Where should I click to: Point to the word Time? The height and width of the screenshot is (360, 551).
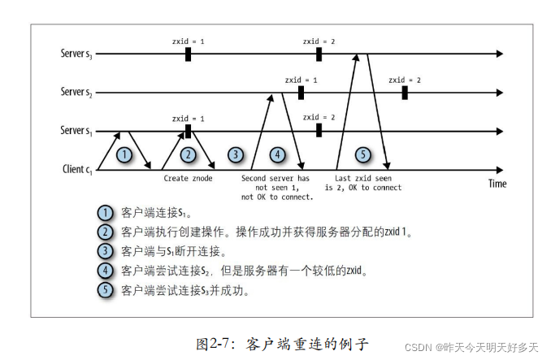[497, 184]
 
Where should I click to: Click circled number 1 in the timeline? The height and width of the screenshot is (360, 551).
[124, 154]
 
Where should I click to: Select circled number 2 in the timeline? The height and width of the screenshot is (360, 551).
[189, 154]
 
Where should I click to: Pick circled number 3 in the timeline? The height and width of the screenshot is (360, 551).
[236, 154]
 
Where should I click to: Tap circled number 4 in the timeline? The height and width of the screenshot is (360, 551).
[277, 154]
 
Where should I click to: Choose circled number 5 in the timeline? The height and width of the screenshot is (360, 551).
[362, 154]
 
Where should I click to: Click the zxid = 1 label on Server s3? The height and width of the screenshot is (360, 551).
[188, 40]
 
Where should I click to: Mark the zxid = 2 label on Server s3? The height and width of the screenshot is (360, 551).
[319, 40]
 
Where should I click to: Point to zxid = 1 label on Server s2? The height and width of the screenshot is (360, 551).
[301, 80]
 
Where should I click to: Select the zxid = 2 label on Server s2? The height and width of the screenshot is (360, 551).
[404, 80]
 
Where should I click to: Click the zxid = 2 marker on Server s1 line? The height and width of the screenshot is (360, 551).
[319, 130]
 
